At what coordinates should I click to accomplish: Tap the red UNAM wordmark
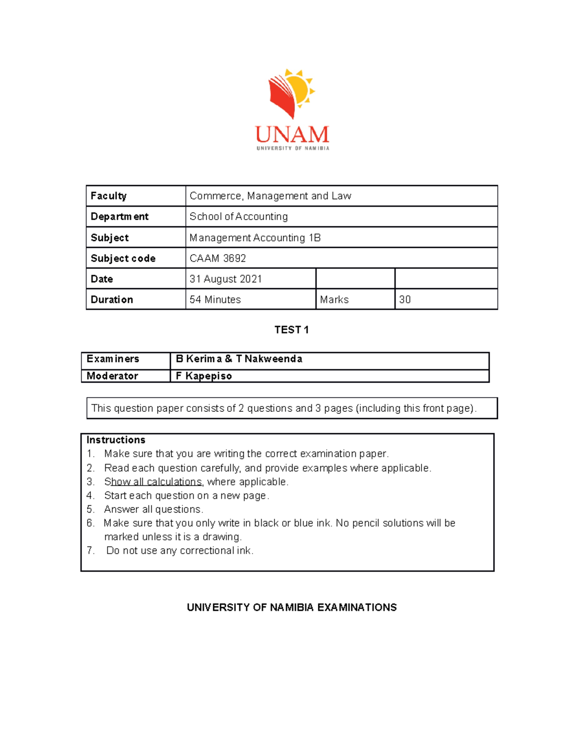[x=292, y=134]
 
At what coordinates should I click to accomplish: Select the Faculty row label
[x=109, y=196]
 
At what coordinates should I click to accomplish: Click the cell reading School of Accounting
[x=238, y=217]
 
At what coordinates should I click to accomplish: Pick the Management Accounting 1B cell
[x=255, y=238]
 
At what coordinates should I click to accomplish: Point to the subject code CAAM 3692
[x=218, y=258]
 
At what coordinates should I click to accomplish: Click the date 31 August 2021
[x=226, y=279]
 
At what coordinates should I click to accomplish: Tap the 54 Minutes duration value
[x=215, y=299]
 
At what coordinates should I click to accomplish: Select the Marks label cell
[x=334, y=299]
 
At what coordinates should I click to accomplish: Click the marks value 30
[x=405, y=299]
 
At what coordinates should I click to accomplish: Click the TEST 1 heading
[x=292, y=330]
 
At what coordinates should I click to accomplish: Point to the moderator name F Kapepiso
[x=203, y=376]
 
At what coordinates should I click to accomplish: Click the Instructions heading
[x=116, y=440]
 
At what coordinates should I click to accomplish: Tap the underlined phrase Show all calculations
[x=153, y=481]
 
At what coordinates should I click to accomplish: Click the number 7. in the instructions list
[x=91, y=551]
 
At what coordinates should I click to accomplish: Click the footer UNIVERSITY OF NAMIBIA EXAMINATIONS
[x=292, y=607]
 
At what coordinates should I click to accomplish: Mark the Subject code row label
[x=123, y=258]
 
